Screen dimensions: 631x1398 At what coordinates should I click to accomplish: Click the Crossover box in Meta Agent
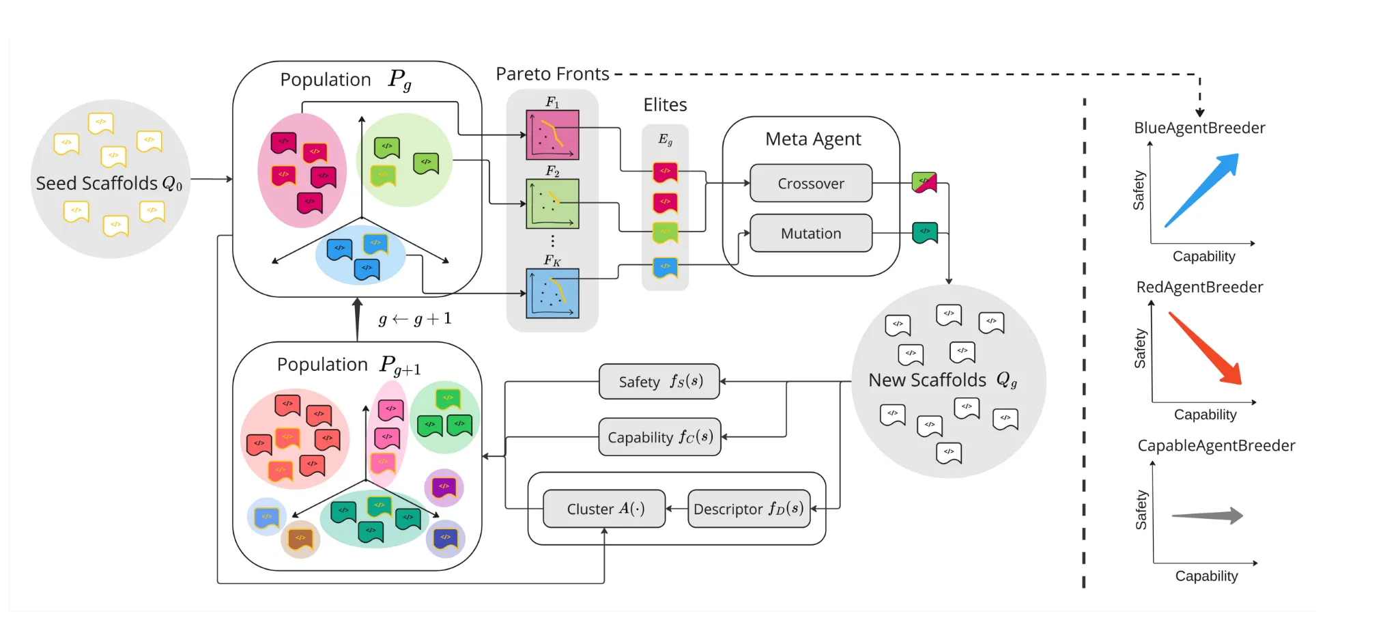[x=811, y=183]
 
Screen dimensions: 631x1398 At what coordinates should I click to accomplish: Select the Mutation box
[x=811, y=234]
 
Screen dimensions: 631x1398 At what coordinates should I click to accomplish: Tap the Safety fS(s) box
[x=659, y=381]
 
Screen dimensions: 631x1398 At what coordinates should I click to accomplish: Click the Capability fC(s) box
[x=659, y=437]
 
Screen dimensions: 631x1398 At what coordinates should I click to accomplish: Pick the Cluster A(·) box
[x=604, y=509]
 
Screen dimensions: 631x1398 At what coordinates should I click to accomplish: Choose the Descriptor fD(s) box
[x=749, y=509]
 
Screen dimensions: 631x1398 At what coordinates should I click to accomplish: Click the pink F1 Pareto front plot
[x=552, y=135]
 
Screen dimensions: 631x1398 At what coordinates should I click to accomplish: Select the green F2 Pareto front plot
[x=552, y=204]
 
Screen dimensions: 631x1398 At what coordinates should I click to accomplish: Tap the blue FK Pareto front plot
[x=552, y=294]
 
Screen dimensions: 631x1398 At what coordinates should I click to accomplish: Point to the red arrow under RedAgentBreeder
[x=1206, y=348]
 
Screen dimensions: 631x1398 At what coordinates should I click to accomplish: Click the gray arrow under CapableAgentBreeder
[x=1207, y=516]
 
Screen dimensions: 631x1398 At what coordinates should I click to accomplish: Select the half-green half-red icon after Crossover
[x=924, y=182]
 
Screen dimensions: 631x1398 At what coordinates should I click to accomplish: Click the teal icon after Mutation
[x=925, y=232]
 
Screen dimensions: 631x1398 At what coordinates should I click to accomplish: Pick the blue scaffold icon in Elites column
[x=665, y=267]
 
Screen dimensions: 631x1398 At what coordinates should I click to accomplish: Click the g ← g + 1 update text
[x=415, y=319]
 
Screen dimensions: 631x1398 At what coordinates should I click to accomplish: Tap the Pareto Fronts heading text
[x=552, y=74]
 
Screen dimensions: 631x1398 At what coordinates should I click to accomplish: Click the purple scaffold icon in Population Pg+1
[x=444, y=488]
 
